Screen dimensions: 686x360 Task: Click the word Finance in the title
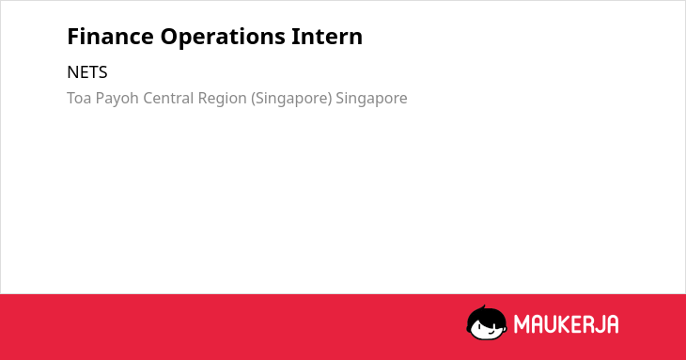(x=110, y=37)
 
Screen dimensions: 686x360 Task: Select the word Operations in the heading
(x=223, y=38)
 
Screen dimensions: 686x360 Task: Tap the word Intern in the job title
(x=327, y=37)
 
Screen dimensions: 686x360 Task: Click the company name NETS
(x=87, y=72)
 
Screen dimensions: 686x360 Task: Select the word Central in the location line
(x=168, y=98)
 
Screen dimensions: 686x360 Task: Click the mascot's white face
(x=487, y=328)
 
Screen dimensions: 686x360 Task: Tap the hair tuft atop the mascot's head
(x=483, y=307)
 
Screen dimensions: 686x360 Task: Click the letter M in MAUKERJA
(x=521, y=324)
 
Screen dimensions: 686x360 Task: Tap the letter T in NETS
(x=92, y=72)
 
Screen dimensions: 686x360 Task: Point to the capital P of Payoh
(x=100, y=98)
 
